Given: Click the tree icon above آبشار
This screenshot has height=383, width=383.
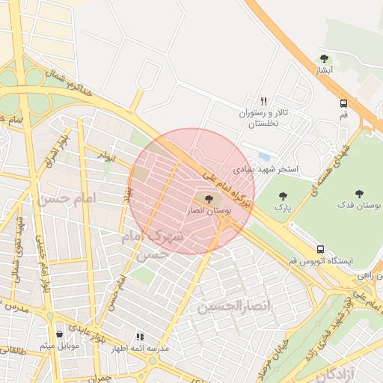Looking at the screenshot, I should point(324,58).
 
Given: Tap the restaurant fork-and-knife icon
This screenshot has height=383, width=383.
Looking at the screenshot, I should point(263,100).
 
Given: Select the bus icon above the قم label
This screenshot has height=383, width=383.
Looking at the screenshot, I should point(343,104).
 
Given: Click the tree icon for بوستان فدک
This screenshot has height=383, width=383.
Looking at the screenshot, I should point(360,193).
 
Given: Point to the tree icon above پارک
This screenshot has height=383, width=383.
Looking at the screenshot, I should point(282,196).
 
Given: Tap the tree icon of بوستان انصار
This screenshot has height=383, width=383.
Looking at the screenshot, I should point(208,199).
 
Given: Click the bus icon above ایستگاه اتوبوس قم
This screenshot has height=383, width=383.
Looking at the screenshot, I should point(320,249).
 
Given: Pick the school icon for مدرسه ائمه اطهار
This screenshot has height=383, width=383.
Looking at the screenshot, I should point(140,337).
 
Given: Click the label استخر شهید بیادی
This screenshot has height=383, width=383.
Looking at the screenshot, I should point(266,170).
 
